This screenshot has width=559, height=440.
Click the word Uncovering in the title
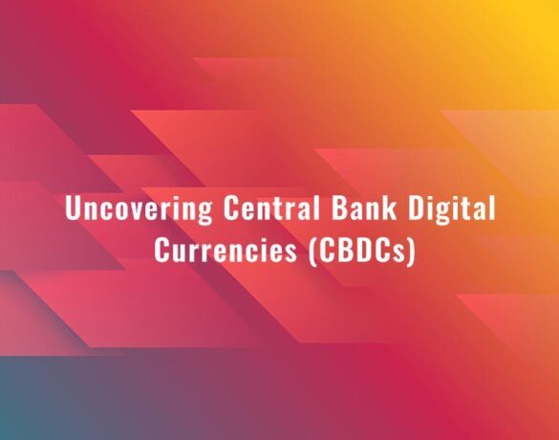[139, 209]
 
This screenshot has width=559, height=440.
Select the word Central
[271, 208]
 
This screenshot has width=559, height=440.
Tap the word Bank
[364, 208]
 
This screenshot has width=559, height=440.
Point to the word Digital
[452, 209]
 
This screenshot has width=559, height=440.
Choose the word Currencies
[226, 250]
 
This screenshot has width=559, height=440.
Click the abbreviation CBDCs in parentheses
[362, 251]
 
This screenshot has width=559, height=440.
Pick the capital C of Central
[230, 208]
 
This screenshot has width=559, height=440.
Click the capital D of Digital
[416, 208]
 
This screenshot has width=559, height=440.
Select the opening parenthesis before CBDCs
[312, 252]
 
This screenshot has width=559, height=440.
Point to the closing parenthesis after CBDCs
[412, 252]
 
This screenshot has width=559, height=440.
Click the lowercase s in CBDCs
[401, 253]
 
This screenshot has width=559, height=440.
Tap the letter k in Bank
[390, 208]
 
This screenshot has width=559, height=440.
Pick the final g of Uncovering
[205, 213]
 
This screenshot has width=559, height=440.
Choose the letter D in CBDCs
[358, 251]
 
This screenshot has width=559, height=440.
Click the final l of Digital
[492, 208]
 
